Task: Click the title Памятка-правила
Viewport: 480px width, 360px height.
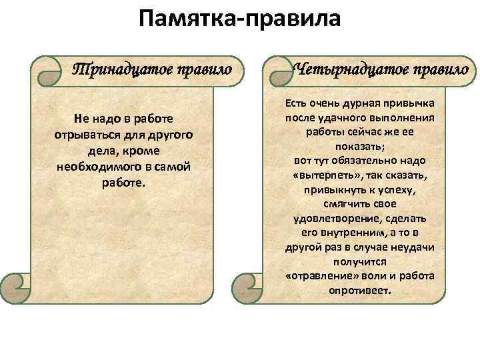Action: (x=239, y=19)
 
